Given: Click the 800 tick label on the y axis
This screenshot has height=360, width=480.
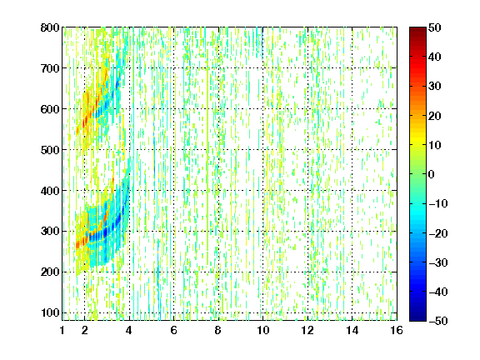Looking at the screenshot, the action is pyautogui.click(x=50, y=27).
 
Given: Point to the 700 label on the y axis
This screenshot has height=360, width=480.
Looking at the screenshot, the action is pyautogui.click(x=50, y=68).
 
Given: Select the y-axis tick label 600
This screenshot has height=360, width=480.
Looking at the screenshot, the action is pyautogui.click(x=50, y=109).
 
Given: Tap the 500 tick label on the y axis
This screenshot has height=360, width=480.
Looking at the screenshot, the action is pyautogui.click(x=50, y=150).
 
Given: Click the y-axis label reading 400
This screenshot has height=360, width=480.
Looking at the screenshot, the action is pyautogui.click(x=50, y=191).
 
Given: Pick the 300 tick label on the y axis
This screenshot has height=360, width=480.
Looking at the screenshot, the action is pyautogui.click(x=50, y=232).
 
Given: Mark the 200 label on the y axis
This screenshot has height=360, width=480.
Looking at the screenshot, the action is pyautogui.click(x=50, y=272).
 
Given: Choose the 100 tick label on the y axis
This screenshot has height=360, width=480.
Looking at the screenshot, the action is pyautogui.click(x=50, y=312).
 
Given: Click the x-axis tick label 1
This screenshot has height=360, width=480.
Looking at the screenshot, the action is pyautogui.click(x=62, y=330).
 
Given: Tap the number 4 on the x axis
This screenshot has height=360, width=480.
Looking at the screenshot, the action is pyautogui.click(x=129, y=330).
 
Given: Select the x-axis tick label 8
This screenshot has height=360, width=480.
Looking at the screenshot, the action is pyautogui.click(x=218, y=330).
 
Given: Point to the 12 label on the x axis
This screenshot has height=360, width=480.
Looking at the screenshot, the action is pyautogui.click(x=307, y=330).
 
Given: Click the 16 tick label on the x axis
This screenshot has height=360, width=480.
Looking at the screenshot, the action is pyautogui.click(x=397, y=330).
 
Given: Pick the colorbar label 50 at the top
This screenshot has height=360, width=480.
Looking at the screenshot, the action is pyautogui.click(x=435, y=27).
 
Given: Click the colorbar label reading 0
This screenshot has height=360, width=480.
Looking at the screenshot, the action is pyautogui.click(x=432, y=174).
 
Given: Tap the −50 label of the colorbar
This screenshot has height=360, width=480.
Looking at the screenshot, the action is pyautogui.click(x=438, y=321).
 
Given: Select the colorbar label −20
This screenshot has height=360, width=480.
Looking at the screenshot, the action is pyautogui.click(x=438, y=233).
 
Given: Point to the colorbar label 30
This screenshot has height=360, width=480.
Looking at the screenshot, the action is pyautogui.click(x=435, y=86).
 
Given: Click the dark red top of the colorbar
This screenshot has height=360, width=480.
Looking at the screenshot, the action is pyautogui.click(x=417, y=30).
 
